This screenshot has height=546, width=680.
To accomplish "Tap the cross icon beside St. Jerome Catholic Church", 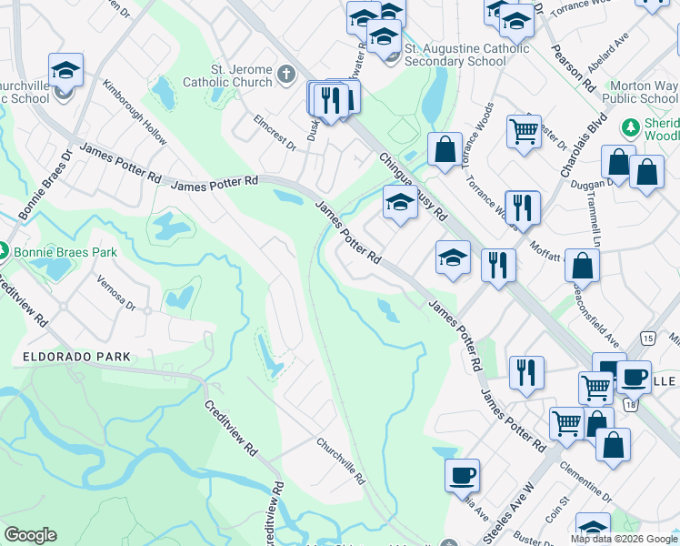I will tap(285, 74).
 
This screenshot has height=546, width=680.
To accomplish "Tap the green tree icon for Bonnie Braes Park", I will tap(4, 248).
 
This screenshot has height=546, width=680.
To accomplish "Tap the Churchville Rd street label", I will tap(340, 460).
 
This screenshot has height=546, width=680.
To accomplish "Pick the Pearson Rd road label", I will tap(578, 68).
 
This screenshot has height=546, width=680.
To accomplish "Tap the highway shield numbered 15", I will tap(647, 338).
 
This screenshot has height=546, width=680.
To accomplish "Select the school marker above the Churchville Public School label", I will tap(66, 70).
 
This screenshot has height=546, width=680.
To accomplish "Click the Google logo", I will tap(30, 535).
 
